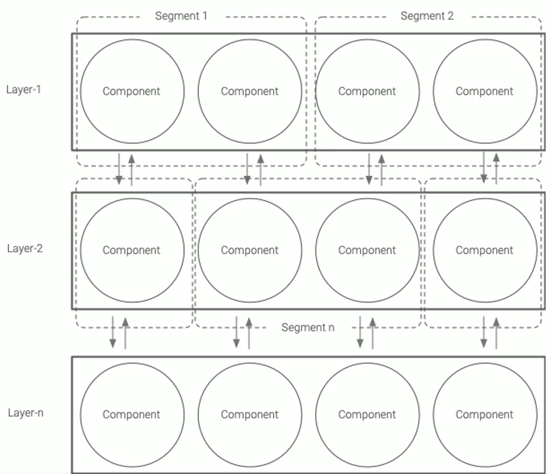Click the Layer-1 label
pyautogui.click(x=24, y=89)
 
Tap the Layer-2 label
pyautogui.click(x=25, y=249)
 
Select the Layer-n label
pyautogui.click(x=25, y=413)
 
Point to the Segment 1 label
pyautogui.click(x=181, y=16)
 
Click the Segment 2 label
pyautogui.click(x=427, y=16)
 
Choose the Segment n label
pyautogui.click(x=308, y=328)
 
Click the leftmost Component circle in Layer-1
pyautogui.click(x=132, y=91)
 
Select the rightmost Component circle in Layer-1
pyautogui.click(x=485, y=91)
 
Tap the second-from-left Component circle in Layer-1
pyautogui.click(x=250, y=91)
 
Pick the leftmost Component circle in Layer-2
pyautogui.click(x=132, y=250)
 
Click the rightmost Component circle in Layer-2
pyautogui.click(x=485, y=250)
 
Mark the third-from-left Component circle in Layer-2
pyautogui.click(x=367, y=250)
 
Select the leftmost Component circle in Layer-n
pyautogui.click(x=132, y=415)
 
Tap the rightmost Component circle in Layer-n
pyautogui.click(x=485, y=415)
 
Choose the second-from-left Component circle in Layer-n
pyautogui.click(x=250, y=415)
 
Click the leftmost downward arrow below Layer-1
pyautogui.click(x=119, y=170)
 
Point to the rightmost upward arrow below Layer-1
pyautogui.click(x=496, y=168)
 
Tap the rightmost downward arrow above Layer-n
pyautogui.click(x=484, y=332)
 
